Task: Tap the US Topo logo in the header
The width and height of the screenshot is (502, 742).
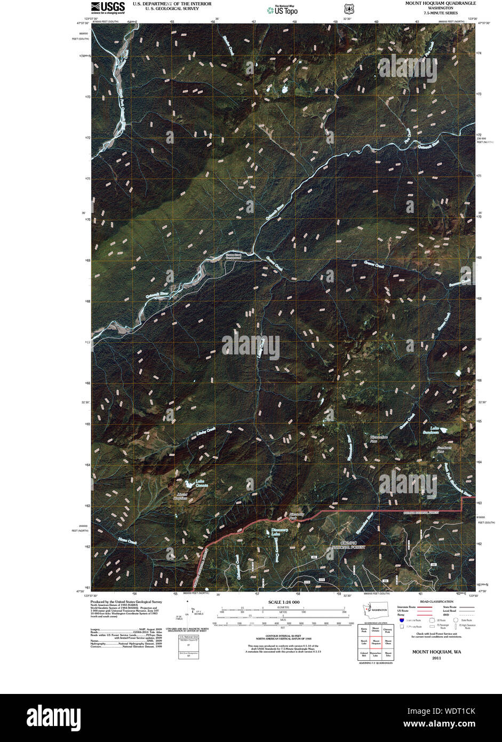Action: tap(282, 9)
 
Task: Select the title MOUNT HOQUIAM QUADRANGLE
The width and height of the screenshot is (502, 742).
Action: tap(441, 3)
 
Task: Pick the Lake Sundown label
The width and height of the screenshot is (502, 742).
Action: tap(435, 430)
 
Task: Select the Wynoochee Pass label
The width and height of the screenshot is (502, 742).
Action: tap(379, 439)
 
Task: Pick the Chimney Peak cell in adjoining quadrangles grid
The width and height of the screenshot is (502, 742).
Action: tap(388, 630)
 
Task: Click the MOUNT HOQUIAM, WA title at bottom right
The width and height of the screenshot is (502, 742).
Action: tap(433, 652)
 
